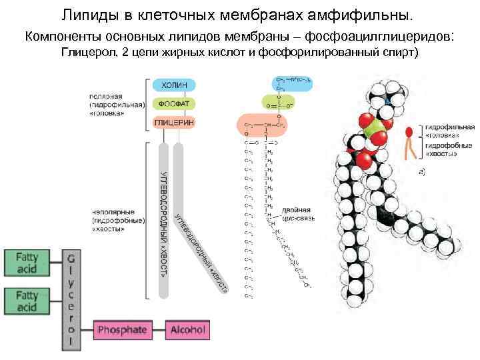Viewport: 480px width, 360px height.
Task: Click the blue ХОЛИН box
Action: tap(175, 85)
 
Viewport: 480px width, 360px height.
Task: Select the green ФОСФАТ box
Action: tap(175, 105)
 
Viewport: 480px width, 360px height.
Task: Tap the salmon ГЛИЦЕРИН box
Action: tap(175, 123)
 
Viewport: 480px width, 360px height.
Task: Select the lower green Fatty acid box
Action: tap(27, 301)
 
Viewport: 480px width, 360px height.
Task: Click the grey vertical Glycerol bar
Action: tap(71, 301)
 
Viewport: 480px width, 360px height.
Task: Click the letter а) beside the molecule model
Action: tap(422, 172)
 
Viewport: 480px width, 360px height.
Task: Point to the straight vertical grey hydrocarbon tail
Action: tap(164, 220)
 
